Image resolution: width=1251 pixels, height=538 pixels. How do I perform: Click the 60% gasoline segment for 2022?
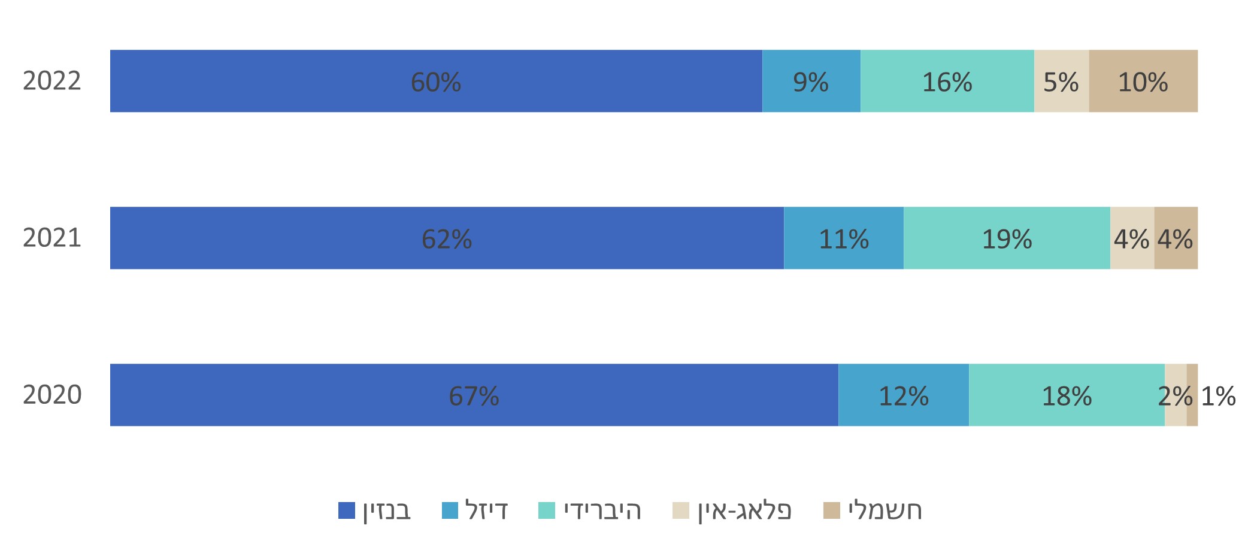436,81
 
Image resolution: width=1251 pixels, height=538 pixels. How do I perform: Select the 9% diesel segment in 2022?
811,81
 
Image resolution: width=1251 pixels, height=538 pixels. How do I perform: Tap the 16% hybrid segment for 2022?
947,81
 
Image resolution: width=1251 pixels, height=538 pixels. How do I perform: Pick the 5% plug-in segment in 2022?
1061,81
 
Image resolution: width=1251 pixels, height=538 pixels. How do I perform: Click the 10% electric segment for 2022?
1143,81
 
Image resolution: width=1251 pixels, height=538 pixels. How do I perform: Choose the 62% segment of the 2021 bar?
447,238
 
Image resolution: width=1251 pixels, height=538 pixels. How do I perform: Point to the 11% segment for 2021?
843,238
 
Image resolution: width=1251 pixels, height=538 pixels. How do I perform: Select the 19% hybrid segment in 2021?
1007,238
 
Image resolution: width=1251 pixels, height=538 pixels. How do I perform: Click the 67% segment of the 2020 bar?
474,395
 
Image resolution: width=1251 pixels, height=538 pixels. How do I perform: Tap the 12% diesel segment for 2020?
903,395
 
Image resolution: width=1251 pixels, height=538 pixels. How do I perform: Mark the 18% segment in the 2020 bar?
1067,395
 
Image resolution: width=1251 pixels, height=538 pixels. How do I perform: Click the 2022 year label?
52,81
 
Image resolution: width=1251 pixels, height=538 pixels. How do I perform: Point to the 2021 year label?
52,238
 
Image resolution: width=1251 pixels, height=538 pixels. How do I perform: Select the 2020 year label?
52,395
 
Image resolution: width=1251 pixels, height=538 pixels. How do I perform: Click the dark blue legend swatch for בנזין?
347,510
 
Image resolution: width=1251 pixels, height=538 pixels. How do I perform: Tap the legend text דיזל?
486,510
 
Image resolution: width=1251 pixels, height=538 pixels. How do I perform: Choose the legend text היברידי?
602,510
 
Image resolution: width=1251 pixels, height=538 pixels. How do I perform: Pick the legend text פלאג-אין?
744,510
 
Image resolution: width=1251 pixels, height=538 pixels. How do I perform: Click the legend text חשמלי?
885,510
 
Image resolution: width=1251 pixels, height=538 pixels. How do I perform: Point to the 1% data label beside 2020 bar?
1218,396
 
